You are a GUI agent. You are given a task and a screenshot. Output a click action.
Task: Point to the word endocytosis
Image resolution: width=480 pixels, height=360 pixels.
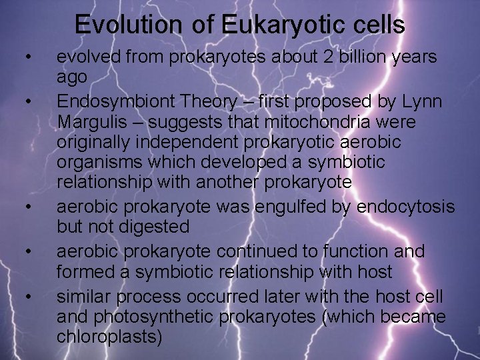click(x=405, y=207)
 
